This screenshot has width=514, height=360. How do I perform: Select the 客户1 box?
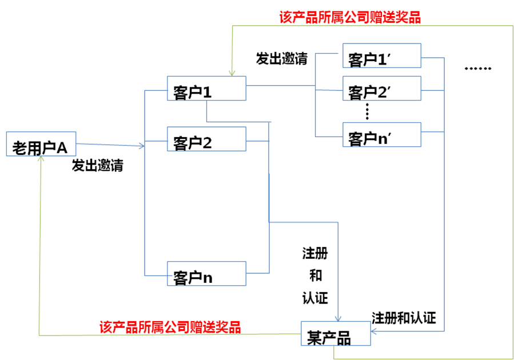pos(206,89)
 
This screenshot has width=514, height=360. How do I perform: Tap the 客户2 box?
pos(206,139)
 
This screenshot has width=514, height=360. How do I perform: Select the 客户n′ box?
pos(381,135)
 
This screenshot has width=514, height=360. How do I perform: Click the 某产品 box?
pos(336,334)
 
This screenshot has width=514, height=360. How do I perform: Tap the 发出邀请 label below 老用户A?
pos(97,166)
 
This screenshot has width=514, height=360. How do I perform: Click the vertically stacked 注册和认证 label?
pos(315,275)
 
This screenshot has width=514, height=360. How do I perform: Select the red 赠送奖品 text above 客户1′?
pos(350,17)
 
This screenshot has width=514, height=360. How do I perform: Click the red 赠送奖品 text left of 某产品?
pos(170,327)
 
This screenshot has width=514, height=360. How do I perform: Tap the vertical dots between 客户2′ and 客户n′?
pos(368,111)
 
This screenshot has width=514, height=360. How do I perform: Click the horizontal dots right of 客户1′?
pos(477,69)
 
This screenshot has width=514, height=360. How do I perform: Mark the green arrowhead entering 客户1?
pos(230,73)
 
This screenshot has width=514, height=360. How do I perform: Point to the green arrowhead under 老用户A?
pos(41,160)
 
